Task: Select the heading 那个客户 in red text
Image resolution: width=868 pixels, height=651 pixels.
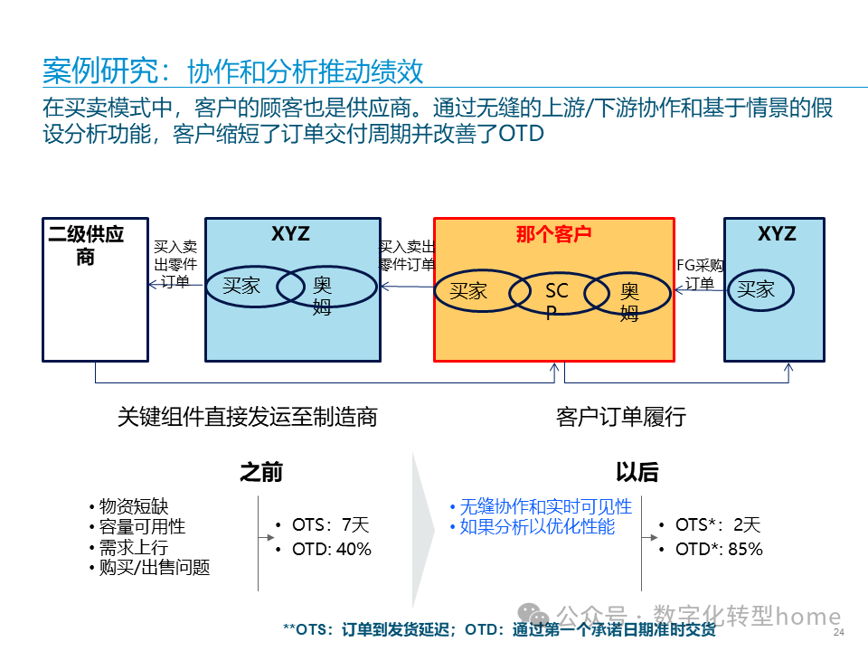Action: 553,234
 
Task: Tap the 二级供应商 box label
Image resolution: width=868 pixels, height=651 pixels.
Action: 86,245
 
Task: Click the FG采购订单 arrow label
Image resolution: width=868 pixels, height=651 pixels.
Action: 700,274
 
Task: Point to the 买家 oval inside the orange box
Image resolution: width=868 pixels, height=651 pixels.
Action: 468,291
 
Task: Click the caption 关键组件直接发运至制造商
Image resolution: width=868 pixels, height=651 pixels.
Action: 247,417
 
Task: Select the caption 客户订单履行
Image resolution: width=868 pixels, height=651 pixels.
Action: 621,417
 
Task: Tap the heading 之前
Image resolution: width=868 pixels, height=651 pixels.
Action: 260,472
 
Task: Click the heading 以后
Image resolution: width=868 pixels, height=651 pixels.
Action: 637,472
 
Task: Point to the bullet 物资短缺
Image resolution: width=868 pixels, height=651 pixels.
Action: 133,507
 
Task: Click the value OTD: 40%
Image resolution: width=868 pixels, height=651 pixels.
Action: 331,549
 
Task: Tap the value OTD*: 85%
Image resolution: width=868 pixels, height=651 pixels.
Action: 719,549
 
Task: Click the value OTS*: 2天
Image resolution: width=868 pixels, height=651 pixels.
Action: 718,524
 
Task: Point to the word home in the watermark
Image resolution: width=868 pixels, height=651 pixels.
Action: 808,617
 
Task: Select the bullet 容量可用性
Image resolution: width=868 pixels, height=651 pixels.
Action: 142,527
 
